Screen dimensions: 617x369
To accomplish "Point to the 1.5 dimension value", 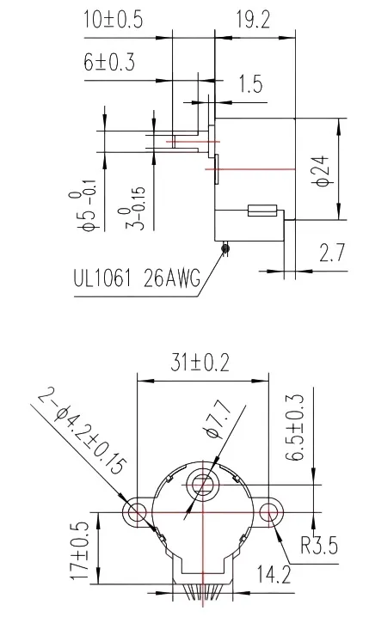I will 250,84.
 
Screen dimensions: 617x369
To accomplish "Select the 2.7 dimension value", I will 333,254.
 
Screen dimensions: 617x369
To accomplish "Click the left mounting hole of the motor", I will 136,513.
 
